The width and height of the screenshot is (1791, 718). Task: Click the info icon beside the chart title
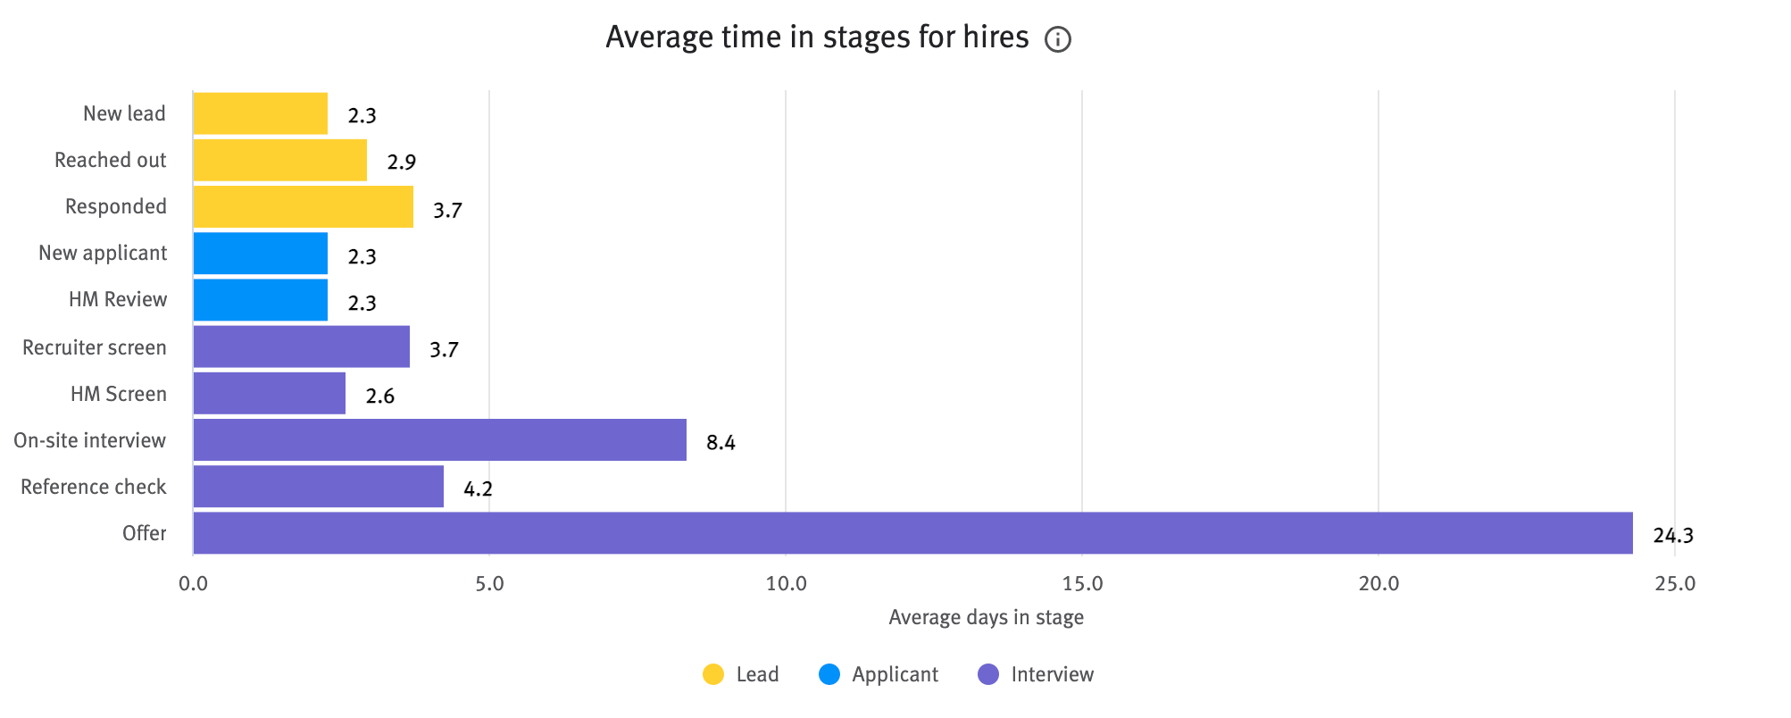1058,40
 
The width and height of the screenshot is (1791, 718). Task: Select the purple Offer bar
912,533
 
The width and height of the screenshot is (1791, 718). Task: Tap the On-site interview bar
439,440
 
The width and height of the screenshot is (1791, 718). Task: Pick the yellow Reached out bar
279,161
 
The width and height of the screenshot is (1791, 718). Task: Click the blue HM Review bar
260,300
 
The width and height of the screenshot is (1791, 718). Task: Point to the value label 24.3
1672,536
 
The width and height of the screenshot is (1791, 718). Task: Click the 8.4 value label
721,443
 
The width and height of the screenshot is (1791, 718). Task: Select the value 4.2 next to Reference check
478,489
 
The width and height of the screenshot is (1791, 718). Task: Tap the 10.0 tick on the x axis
786,584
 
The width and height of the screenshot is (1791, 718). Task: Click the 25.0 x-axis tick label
1674,584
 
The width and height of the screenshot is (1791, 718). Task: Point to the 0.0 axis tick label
193,584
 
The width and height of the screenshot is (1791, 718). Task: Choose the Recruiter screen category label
95,347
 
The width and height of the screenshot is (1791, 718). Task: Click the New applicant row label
103,254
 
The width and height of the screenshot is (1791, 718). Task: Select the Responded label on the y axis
116,207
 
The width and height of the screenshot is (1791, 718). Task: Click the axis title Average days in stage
986,617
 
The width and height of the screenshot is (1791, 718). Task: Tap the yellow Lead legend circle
713,674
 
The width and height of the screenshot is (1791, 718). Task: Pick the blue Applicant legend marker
829,674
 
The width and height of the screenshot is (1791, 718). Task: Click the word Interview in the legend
1052,674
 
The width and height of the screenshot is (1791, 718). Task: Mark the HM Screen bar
269,394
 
